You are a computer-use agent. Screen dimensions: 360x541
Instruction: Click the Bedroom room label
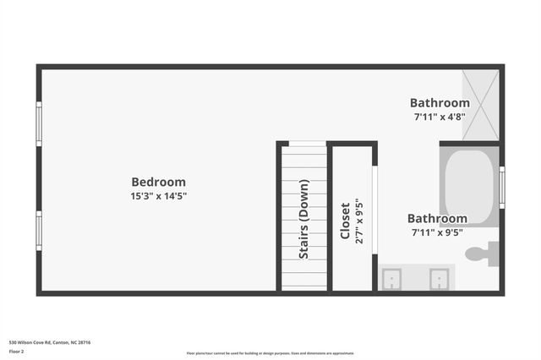pos(158,182)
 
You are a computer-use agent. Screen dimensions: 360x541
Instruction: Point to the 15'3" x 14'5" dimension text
pos(158,196)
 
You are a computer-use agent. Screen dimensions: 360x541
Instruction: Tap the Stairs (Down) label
pos(303,219)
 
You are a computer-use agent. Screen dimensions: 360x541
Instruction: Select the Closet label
pos(345,221)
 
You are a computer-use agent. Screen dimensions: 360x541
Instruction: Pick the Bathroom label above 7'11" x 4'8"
pos(440,103)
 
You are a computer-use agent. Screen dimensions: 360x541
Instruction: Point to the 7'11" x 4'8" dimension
pos(440,117)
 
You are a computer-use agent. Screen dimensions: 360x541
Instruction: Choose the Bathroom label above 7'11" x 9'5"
pos(437,219)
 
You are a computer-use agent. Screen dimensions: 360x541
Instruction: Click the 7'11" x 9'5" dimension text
pos(437,232)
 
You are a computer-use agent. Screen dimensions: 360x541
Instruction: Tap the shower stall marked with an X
pos(480,104)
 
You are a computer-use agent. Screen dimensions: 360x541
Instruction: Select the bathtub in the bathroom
pos(469,187)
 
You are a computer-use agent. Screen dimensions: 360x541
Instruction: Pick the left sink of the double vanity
pos(392,278)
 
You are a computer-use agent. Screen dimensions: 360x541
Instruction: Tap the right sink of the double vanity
pos(439,278)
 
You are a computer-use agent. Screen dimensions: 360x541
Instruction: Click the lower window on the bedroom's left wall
pos(38,231)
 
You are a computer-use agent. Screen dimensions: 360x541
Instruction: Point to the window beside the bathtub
pos(501,187)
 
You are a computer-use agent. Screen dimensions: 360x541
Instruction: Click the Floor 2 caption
pos(17,351)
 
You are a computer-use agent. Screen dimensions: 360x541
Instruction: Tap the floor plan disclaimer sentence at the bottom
pos(270,353)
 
